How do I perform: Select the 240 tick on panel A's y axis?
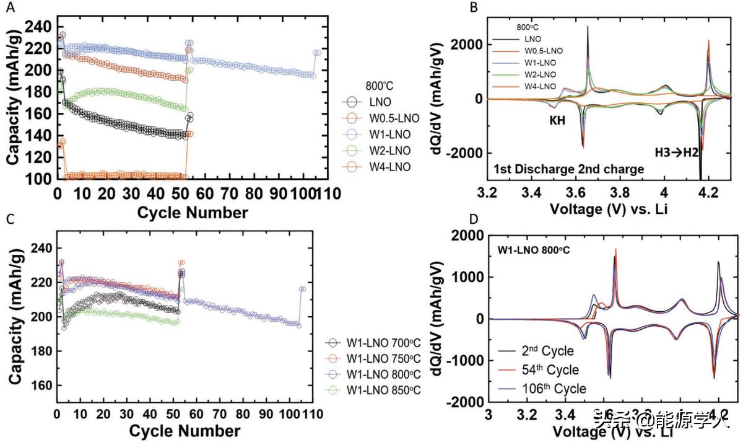[40, 27]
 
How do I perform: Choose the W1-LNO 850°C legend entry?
[385, 390]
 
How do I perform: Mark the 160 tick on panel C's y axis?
[40, 385]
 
